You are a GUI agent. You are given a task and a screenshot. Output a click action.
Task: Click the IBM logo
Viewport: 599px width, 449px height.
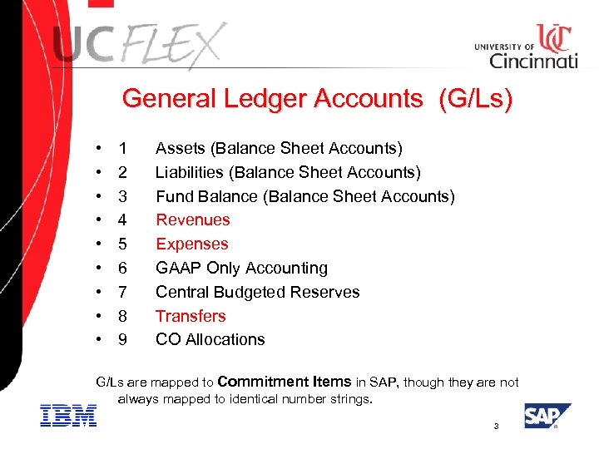(x=68, y=415)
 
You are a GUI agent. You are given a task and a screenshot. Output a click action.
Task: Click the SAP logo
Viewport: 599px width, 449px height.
(x=547, y=415)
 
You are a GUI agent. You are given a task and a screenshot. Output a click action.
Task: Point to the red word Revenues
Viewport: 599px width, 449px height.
(x=192, y=220)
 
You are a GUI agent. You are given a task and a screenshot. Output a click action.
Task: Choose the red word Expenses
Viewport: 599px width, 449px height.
(x=191, y=244)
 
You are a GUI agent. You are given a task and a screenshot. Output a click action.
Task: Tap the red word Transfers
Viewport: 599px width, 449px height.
(x=191, y=316)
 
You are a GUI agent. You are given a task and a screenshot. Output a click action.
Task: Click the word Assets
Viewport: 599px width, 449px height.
(x=181, y=149)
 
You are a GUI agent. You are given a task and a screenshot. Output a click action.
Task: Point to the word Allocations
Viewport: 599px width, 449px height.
(x=225, y=339)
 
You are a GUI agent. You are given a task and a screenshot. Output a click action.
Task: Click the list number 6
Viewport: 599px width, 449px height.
(x=122, y=269)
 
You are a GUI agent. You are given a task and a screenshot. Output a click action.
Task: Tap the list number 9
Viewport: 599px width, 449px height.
(x=122, y=339)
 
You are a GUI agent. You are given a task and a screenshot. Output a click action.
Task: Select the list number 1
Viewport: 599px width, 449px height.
(x=122, y=149)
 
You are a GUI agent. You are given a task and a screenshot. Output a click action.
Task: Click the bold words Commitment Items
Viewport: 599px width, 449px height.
(x=284, y=382)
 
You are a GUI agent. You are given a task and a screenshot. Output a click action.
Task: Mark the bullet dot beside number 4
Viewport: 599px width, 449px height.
(x=100, y=220)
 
